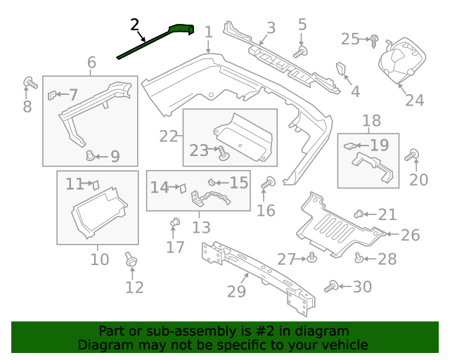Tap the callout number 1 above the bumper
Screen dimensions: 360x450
[x=208, y=32]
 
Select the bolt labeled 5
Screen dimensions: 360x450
[x=300, y=51]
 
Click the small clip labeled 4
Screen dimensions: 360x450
[x=342, y=70]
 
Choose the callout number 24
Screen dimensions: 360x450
[x=414, y=100]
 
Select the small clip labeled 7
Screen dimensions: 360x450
[x=53, y=94]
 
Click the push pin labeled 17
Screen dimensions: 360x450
[x=175, y=224]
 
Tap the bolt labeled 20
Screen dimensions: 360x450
[x=414, y=155]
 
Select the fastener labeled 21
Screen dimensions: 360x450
[x=359, y=214]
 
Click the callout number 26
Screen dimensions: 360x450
[x=409, y=234]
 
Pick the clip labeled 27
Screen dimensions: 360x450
[x=311, y=259]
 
